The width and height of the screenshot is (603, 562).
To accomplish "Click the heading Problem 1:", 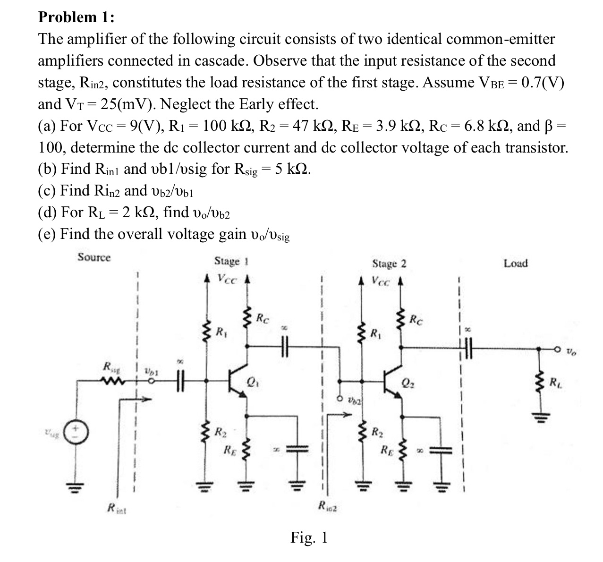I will click(x=76, y=17).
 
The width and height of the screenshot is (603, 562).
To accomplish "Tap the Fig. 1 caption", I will click(x=309, y=537).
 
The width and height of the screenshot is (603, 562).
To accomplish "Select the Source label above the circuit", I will click(x=94, y=257).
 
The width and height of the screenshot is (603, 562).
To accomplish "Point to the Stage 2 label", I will click(x=389, y=263).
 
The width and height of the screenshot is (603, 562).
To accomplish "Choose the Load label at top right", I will click(x=516, y=263).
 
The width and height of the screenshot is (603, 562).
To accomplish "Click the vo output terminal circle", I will click(x=558, y=349).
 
